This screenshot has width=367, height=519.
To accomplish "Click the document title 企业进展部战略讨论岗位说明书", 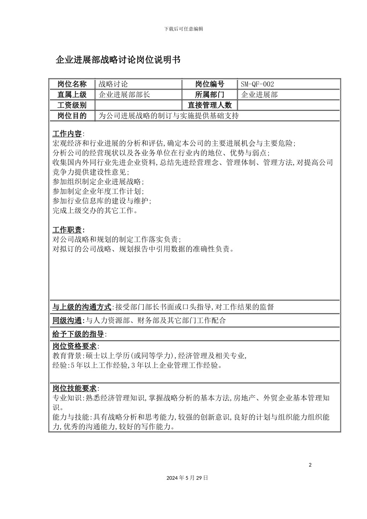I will [118, 60].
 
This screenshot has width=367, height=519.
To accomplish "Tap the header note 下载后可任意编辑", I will [183, 29].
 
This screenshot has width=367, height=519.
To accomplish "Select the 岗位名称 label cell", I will [72, 84].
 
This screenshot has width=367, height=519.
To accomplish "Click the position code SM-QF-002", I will [257, 84].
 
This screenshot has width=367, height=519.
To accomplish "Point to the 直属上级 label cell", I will [72, 95].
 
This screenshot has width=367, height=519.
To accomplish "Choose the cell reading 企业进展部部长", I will [124, 95].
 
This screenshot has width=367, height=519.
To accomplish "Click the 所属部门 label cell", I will [210, 95].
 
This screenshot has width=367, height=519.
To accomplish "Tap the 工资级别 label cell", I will [72, 105].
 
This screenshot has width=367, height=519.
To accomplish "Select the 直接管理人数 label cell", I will [210, 105].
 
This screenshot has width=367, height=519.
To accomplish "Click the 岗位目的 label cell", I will [72, 115].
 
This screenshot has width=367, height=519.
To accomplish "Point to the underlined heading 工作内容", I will [67, 134].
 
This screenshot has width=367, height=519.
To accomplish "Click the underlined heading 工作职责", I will [67, 230].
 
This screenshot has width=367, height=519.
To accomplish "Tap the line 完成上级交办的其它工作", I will [95, 210].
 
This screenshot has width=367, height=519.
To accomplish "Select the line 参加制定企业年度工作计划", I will [98, 191].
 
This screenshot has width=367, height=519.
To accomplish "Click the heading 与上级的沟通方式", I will [82, 307].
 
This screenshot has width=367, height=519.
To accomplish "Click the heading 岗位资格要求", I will [75, 346].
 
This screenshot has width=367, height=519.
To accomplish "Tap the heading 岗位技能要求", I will [75, 388].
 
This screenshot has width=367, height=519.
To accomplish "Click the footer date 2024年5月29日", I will [187, 478].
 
